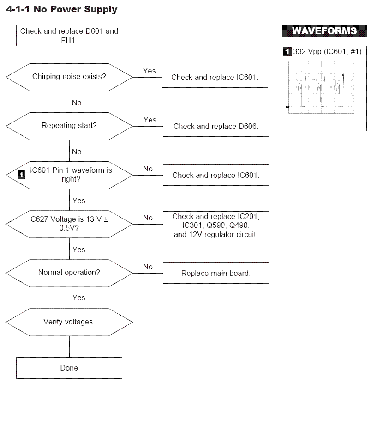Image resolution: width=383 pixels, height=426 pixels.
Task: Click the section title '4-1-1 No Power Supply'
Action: (62, 9)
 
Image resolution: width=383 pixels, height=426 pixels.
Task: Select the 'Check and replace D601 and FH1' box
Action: (69, 36)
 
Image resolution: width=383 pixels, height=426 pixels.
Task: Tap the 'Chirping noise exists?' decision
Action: (69, 77)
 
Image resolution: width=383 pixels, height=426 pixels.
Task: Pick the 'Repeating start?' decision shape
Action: (69, 126)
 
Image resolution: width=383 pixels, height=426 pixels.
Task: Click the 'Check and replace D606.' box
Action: (216, 126)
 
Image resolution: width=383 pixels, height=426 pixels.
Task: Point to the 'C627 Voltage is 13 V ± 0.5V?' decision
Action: (69, 224)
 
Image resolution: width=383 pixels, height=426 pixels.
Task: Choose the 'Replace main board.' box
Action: (216, 273)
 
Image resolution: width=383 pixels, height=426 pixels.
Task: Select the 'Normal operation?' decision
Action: (69, 273)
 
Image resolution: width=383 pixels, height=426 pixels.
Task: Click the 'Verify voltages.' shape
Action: (69, 322)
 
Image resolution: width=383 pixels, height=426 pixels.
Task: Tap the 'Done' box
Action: (69, 368)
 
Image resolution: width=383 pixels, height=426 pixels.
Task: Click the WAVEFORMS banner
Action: (324, 31)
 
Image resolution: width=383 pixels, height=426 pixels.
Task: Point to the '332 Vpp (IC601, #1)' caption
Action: (327, 51)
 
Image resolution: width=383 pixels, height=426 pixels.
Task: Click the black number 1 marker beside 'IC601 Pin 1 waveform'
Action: (21, 175)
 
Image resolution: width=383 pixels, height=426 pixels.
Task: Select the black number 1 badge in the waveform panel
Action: (287, 51)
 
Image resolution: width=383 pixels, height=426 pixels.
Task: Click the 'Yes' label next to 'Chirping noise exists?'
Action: (150, 71)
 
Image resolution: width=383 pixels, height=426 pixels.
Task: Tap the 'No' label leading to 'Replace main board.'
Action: (148, 267)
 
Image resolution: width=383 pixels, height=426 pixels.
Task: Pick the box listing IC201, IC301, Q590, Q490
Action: (216, 225)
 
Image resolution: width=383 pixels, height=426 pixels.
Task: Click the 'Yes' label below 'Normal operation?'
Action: (78, 298)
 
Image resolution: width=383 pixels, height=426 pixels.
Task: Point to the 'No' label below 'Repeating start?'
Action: (77, 152)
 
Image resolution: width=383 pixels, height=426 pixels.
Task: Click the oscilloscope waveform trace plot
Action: (321, 87)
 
